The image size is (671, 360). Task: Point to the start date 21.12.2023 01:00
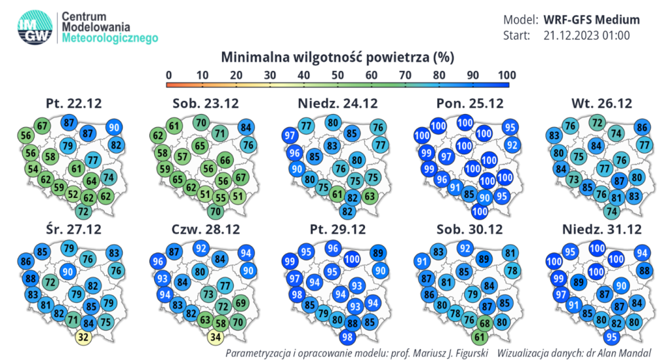point(586,35)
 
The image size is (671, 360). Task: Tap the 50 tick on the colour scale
point(338,75)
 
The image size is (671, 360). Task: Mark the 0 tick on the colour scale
point(169,75)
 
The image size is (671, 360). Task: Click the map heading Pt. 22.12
point(74,104)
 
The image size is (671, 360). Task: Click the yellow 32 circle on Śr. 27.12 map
point(83,338)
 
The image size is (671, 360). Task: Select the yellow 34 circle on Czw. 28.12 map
point(215,338)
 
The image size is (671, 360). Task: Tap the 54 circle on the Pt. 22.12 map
point(31,169)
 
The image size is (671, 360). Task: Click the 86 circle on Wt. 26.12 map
point(643,128)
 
